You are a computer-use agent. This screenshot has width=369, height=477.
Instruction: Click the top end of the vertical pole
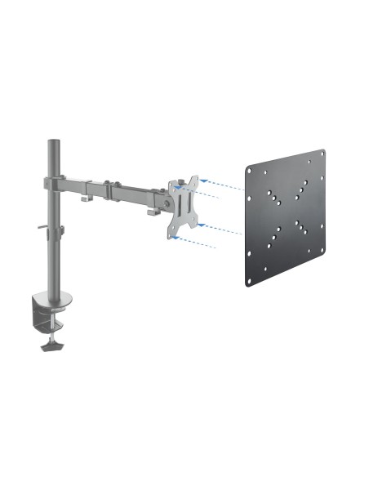coord(53,142)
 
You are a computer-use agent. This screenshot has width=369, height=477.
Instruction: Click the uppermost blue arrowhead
coord(202,174)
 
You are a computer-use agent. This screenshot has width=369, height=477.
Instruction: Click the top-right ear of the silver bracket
coord(194,178)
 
